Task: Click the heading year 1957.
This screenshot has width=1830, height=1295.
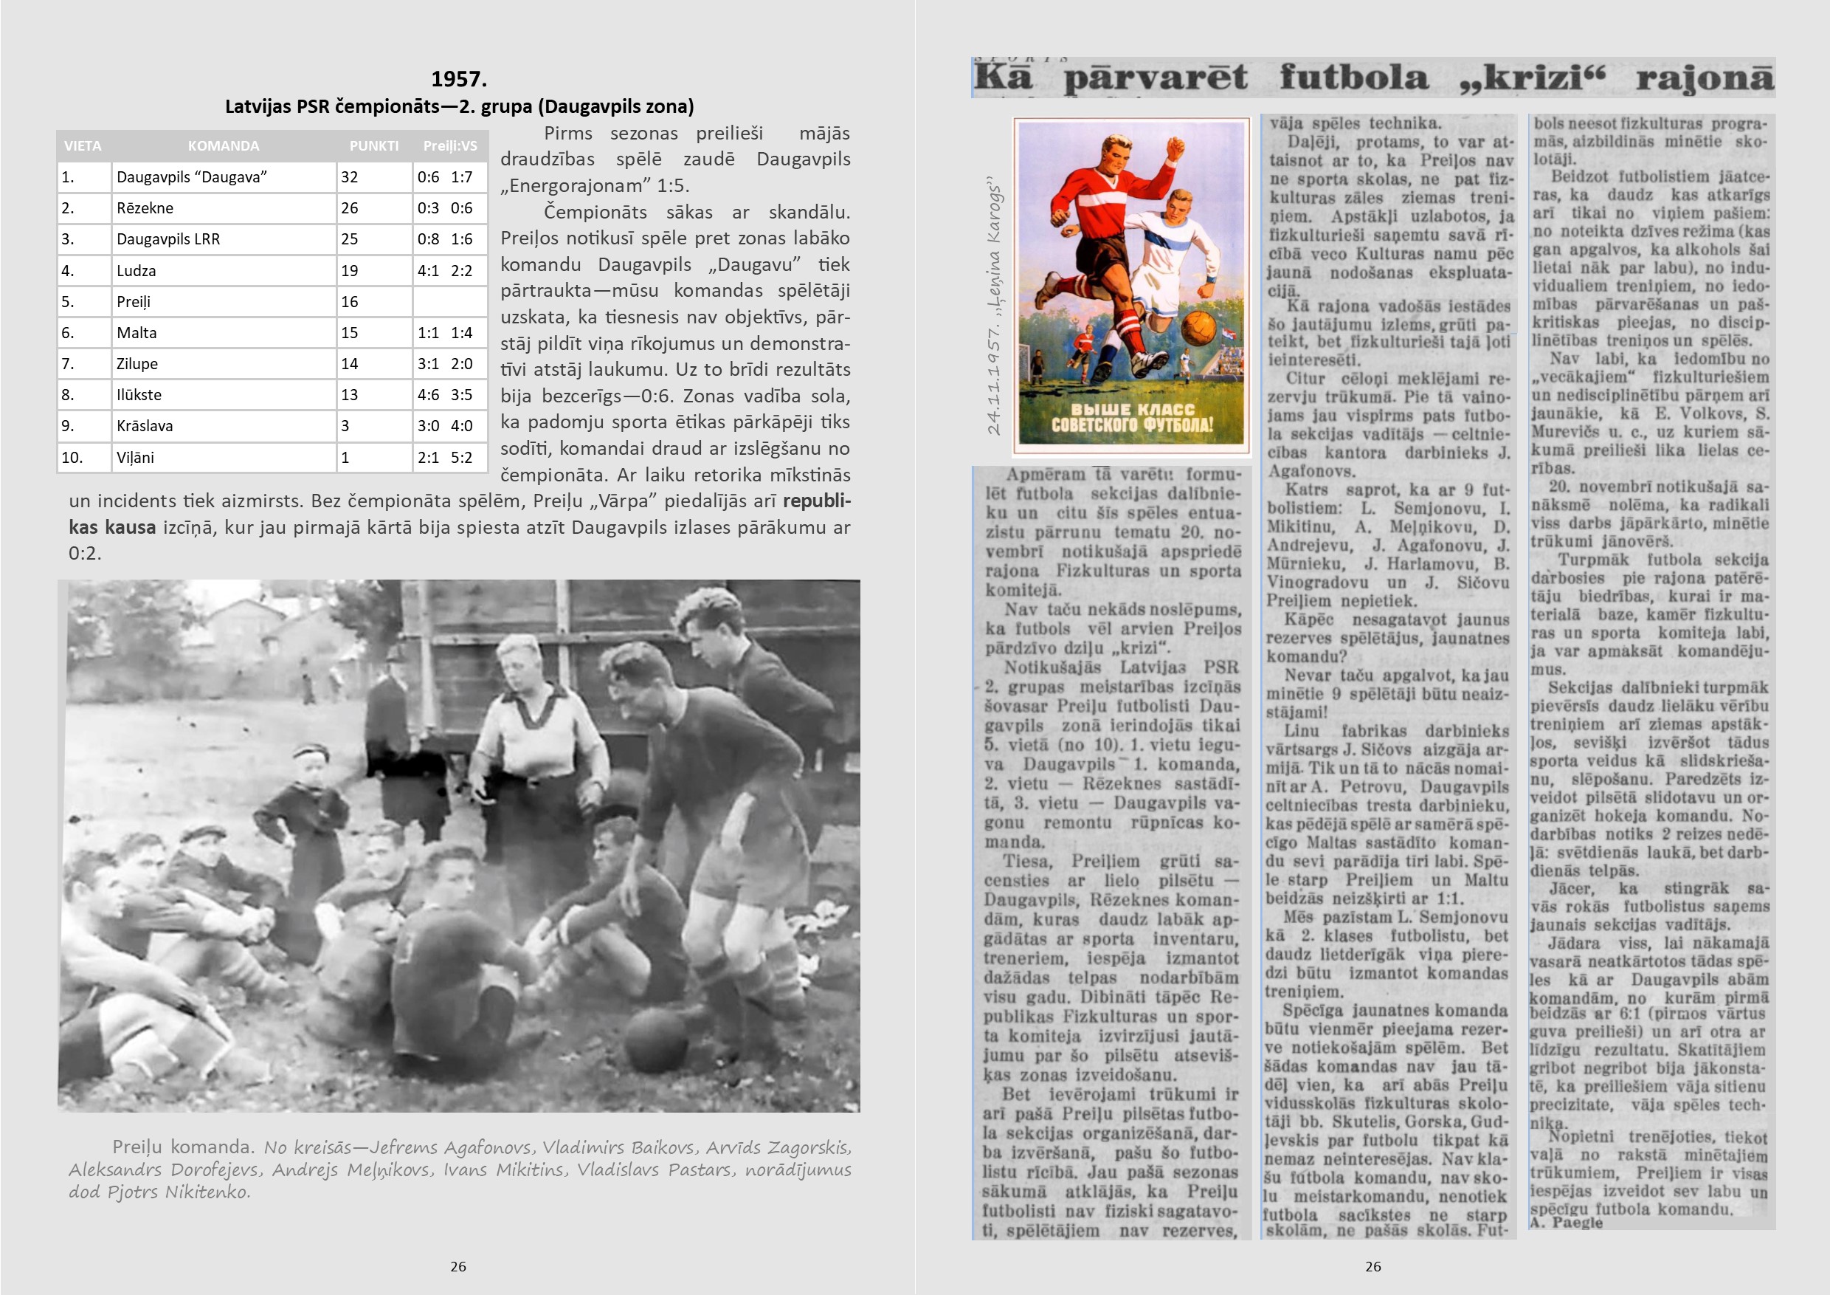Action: click(x=458, y=79)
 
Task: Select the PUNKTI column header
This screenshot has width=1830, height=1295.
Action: click(x=374, y=146)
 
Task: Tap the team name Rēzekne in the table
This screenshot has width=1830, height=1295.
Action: click(x=145, y=208)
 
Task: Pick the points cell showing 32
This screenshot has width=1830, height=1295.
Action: click(x=350, y=177)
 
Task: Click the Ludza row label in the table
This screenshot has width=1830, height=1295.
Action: click(x=137, y=271)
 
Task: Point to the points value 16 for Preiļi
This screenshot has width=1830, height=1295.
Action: click(x=350, y=302)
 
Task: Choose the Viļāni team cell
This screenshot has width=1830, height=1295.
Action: click(x=136, y=458)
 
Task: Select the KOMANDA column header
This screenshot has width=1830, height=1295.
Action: click(x=223, y=146)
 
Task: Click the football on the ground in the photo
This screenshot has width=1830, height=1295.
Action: click(x=655, y=1040)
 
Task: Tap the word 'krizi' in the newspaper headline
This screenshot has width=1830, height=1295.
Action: click(x=1532, y=78)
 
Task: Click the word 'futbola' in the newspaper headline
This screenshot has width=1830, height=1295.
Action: click(x=1354, y=78)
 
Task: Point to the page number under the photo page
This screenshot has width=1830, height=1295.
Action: click(x=458, y=1266)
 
